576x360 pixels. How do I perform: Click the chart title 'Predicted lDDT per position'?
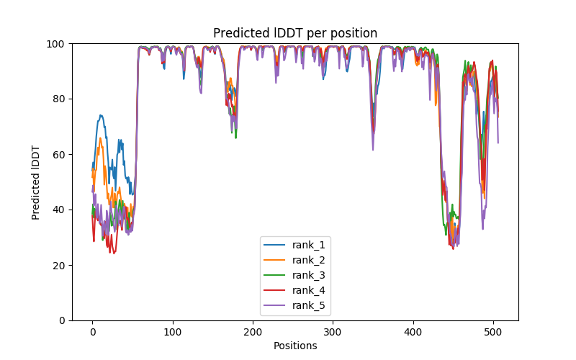click(295, 33)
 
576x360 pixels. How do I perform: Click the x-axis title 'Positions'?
click(295, 346)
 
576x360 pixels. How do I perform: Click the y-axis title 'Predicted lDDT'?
click(36, 182)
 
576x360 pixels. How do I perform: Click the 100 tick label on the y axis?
click(56, 43)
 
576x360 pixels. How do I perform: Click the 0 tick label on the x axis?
click(92, 332)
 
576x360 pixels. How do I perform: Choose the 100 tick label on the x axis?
click(172, 332)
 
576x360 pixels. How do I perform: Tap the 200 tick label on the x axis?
click(253, 332)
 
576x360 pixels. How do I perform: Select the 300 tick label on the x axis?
click(333, 332)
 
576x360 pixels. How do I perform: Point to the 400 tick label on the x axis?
click(413, 332)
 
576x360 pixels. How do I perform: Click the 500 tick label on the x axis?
click(493, 332)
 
